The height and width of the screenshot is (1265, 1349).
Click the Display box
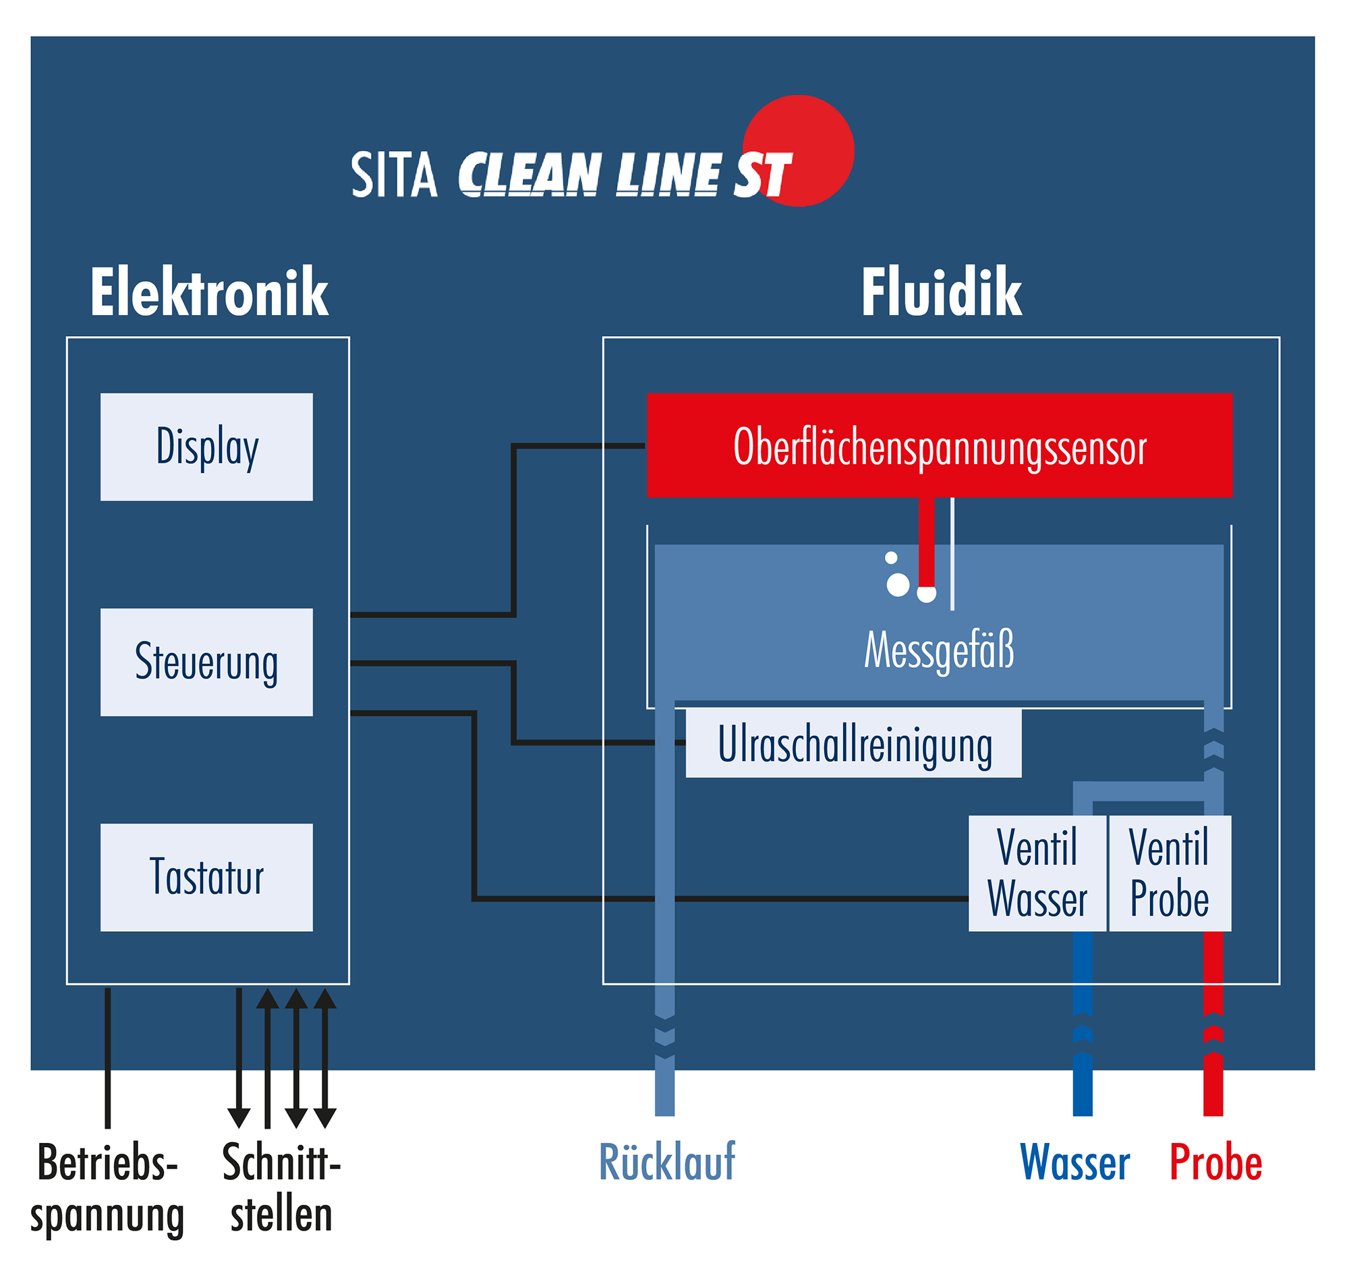tap(206, 447)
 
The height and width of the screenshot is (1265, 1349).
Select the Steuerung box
tap(206, 662)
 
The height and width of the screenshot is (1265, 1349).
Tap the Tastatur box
tap(206, 877)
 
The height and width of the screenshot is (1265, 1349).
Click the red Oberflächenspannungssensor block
tap(939, 445)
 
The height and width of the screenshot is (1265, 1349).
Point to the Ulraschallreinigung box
tap(853, 743)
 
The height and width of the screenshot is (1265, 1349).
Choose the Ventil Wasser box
tap(1037, 873)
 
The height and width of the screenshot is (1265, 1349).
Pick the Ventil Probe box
tap(1170, 873)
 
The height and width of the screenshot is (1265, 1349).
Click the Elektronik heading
tap(209, 292)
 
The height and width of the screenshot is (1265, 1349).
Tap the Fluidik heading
tap(940, 292)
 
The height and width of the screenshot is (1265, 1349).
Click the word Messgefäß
tap(938, 650)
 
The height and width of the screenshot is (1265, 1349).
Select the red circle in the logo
tap(798, 150)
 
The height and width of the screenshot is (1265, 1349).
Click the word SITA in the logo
tap(394, 175)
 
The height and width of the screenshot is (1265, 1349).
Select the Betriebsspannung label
tap(107, 1189)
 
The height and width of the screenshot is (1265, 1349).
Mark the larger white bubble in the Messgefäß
tap(898, 585)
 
